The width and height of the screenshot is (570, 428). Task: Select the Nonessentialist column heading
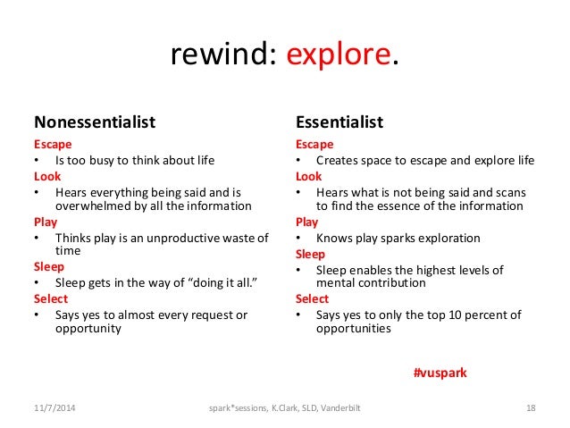(95, 122)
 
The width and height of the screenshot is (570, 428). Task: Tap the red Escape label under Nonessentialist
(53, 144)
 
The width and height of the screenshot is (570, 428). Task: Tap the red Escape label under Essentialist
(314, 144)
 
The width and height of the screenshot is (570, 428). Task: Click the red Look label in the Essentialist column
(309, 177)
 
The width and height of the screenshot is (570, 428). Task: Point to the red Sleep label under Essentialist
(311, 254)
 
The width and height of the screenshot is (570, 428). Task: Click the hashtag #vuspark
(440, 372)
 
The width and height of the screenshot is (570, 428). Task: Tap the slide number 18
(531, 408)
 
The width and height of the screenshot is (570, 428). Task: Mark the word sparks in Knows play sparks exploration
(397, 239)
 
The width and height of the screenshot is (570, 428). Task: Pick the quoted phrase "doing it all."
(218, 283)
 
